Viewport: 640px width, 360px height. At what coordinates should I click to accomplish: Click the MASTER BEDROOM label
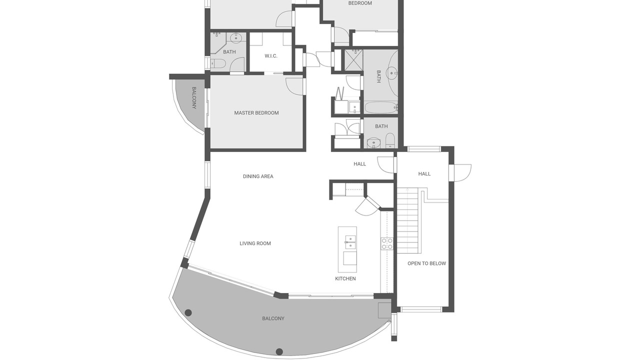pyautogui.click(x=256, y=113)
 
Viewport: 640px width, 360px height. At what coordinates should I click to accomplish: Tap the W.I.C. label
pyautogui.click(x=271, y=56)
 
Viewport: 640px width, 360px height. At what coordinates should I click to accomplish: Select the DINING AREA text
pyautogui.click(x=258, y=176)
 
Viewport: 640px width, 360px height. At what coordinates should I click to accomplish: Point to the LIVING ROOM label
pyautogui.click(x=255, y=243)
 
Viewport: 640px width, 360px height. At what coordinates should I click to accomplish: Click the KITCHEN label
pyautogui.click(x=345, y=278)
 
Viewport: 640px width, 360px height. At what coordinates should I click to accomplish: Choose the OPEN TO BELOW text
pyautogui.click(x=426, y=263)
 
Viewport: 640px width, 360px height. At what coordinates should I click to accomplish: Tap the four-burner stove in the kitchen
pyautogui.click(x=387, y=243)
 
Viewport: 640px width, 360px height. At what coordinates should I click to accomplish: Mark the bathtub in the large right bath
pyautogui.click(x=381, y=107)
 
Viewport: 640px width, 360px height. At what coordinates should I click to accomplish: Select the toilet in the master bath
pyautogui.click(x=218, y=63)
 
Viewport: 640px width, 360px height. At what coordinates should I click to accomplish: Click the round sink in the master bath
pyautogui.click(x=236, y=37)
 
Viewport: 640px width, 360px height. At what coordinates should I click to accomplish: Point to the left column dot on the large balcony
pyautogui.click(x=188, y=313)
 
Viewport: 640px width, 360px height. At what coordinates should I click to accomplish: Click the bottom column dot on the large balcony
pyautogui.click(x=279, y=351)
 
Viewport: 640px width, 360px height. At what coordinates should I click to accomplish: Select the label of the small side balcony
pyautogui.click(x=194, y=98)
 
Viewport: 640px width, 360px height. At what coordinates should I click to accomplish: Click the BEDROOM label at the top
pyautogui.click(x=360, y=3)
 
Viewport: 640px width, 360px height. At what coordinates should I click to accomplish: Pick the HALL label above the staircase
pyautogui.click(x=424, y=173)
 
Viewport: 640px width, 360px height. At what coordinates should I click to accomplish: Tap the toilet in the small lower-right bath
pyautogui.click(x=390, y=141)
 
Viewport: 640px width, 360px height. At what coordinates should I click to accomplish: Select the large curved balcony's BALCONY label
pyautogui.click(x=273, y=318)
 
